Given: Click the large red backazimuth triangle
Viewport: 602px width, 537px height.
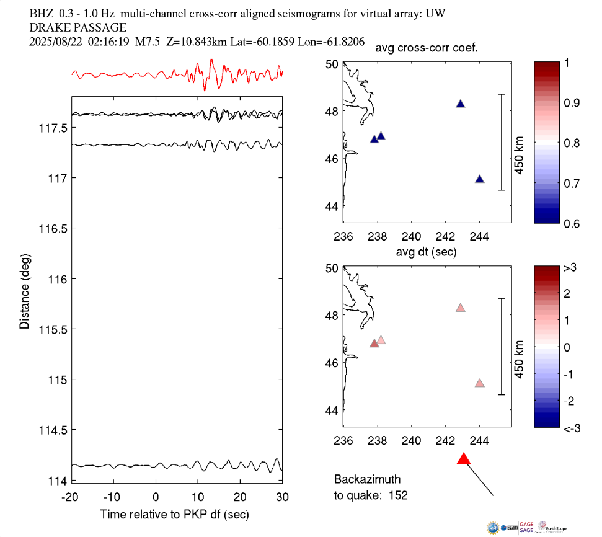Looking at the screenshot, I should (464, 459).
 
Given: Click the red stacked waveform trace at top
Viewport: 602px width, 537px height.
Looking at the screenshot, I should (177, 74).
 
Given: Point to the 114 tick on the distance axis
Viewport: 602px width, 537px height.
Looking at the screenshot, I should (60, 481).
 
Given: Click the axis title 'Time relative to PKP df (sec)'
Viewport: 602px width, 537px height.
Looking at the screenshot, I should (174, 515).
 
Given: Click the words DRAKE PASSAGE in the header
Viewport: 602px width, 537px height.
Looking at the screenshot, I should (77, 27).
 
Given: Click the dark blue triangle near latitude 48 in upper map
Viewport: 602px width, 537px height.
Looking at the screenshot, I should (461, 104).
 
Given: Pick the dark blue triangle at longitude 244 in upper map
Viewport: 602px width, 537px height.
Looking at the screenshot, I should (479, 179).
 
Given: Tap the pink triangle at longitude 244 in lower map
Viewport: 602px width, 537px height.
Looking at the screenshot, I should (479, 383).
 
